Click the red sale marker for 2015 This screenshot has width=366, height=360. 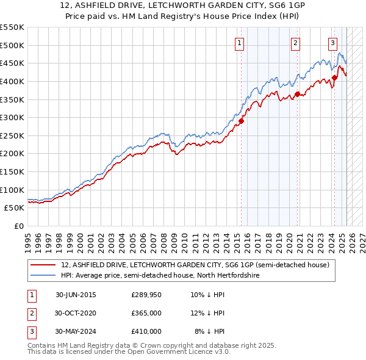point(241,121)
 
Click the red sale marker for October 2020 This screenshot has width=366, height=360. point(297,94)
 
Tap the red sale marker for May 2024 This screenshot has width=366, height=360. point(335,77)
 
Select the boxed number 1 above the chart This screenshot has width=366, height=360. point(239,43)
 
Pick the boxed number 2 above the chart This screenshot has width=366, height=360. point(295,43)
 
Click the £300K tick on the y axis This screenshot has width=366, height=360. point(12,117)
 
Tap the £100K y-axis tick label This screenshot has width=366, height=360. point(12,190)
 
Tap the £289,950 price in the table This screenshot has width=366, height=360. point(146,295)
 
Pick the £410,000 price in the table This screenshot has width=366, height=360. point(146,331)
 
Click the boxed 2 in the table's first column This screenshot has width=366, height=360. point(31,313)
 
